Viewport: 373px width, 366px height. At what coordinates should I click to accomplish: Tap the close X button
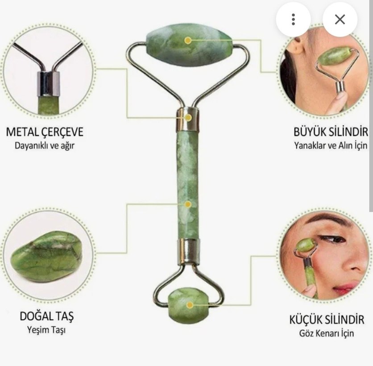click(x=340, y=19)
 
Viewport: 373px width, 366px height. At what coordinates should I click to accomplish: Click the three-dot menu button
click(x=293, y=19)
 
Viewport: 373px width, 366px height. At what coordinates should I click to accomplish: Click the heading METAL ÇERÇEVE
click(x=45, y=132)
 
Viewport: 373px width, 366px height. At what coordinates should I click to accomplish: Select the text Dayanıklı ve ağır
click(x=45, y=145)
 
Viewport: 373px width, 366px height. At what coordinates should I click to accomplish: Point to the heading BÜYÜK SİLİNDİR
click(x=331, y=132)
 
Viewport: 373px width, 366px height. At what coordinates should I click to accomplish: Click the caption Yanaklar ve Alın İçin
click(x=331, y=145)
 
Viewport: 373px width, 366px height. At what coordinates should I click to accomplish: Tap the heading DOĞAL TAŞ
click(x=46, y=317)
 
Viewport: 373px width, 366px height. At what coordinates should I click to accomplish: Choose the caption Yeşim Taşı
click(x=46, y=330)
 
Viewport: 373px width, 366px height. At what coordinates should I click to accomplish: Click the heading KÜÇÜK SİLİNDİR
click(x=327, y=320)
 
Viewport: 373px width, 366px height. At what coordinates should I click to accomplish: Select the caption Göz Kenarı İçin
click(x=327, y=333)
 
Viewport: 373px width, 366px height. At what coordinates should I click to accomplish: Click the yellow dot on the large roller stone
click(x=188, y=40)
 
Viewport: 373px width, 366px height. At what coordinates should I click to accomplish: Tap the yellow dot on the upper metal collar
click(x=188, y=117)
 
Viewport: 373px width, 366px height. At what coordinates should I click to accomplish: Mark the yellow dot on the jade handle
click(x=188, y=204)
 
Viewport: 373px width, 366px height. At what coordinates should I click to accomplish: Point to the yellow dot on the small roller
click(x=190, y=305)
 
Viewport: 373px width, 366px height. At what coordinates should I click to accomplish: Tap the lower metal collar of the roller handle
click(x=188, y=251)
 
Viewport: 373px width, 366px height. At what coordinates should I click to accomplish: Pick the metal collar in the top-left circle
click(x=49, y=84)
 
